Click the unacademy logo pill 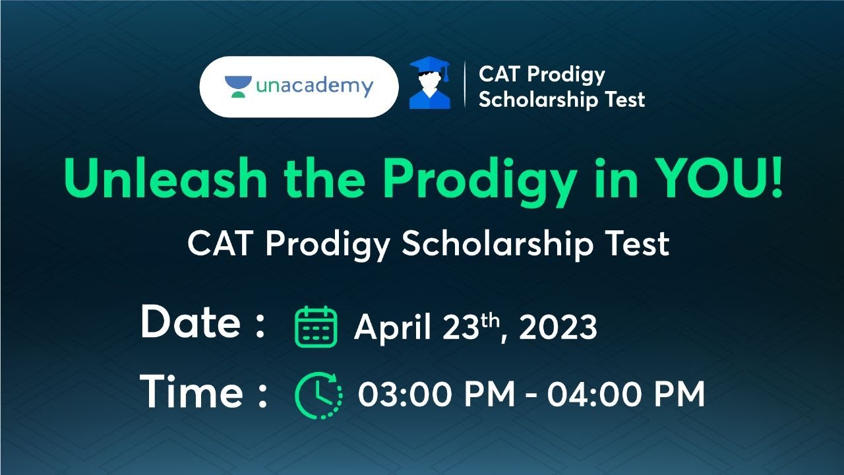click(299, 86)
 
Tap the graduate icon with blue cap click(429, 83)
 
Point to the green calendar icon click(315, 327)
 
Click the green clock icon click(318, 395)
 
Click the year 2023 click(558, 328)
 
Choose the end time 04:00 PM click(626, 395)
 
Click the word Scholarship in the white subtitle click(500, 244)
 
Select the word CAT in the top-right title click(499, 75)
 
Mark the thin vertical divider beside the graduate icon click(465, 85)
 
